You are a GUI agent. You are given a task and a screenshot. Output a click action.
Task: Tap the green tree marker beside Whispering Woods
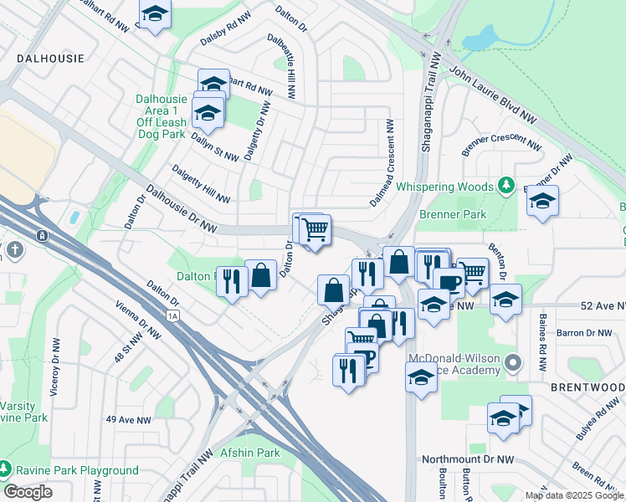tap(505, 184)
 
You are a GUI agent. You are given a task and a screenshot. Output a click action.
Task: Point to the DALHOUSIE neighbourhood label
tap(49, 59)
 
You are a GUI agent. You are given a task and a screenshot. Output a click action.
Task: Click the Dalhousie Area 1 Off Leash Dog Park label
tap(161, 116)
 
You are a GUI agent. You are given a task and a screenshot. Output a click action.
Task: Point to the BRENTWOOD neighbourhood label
tap(588, 387)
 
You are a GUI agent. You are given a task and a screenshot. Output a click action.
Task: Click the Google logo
tap(28, 492)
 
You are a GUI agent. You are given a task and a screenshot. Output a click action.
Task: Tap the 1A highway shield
tap(173, 315)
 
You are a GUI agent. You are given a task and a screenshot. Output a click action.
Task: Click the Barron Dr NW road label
tap(587, 333)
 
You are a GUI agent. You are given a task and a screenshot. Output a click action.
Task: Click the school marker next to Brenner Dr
tap(542, 201)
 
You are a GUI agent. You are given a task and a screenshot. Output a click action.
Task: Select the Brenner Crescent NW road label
tap(500, 144)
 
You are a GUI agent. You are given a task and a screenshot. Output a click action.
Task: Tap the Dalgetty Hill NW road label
tap(200, 183)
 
